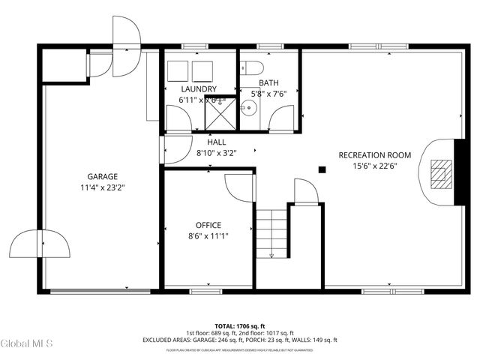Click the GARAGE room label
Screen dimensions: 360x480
pyautogui.click(x=102, y=177)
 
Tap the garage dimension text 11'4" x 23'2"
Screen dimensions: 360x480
pyautogui.click(x=102, y=187)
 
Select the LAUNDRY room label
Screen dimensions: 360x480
pyautogui.click(x=198, y=89)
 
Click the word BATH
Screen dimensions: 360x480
pyautogui.click(x=269, y=83)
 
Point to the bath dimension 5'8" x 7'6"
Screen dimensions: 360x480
pyautogui.click(x=269, y=94)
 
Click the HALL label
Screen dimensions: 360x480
pyautogui.click(x=216, y=142)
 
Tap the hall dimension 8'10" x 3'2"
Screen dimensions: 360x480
pyautogui.click(x=216, y=152)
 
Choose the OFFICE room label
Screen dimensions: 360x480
pyautogui.click(x=208, y=225)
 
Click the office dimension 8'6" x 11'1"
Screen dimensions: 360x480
pyautogui.click(x=208, y=235)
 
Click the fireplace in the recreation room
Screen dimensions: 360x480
pyautogui.click(x=442, y=172)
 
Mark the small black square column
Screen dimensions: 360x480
pyautogui.click(x=322, y=169)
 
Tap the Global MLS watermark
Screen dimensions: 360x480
pyautogui.click(x=27, y=345)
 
